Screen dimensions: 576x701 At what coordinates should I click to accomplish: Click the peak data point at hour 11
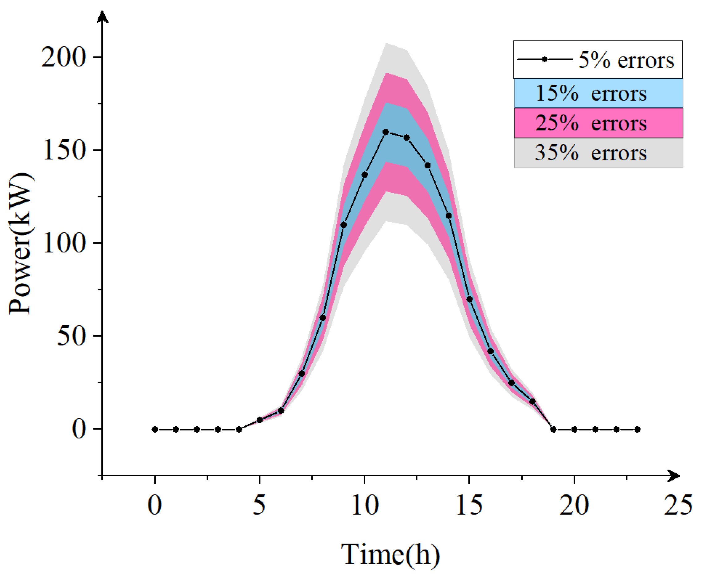pos(386,132)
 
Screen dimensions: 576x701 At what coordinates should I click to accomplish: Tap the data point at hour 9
pos(344,225)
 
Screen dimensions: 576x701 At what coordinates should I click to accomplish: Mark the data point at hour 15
pos(469,299)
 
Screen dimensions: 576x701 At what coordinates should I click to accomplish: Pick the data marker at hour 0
pos(155,429)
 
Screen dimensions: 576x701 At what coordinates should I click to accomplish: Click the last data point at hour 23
pos(637,429)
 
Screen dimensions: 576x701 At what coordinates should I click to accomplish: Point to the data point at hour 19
pos(553,429)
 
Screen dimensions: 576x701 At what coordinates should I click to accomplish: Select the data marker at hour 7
pos(302,374)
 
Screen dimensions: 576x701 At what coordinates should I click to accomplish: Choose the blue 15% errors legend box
pos(598,93)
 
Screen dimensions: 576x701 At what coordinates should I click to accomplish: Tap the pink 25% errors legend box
pos(598,123)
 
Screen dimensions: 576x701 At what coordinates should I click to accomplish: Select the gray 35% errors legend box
pos(598,153)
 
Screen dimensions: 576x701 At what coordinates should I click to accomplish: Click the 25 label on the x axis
pos(678,505)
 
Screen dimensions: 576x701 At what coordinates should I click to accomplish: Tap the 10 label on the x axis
pos(365,505)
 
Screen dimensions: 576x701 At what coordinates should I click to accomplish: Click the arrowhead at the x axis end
pos(674,476)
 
